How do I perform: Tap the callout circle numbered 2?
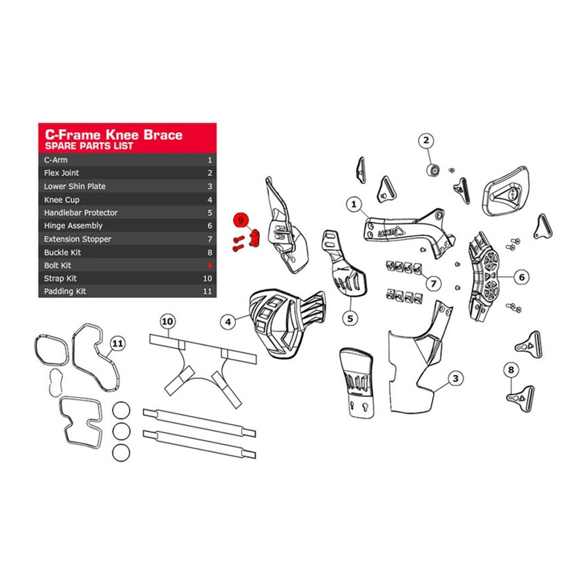click(x=426, y=140)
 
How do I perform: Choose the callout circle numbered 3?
click(x=456, y=379)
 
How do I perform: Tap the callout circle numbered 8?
click(x=511, y=371)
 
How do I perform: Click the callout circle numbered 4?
click(x=229, y=321)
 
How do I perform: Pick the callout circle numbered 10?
click(x=168, y=321)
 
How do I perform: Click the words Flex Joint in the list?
click(x=62, y=173)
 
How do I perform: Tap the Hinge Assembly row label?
click(x=73, y=226)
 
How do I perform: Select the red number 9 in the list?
click(x=209, y=265)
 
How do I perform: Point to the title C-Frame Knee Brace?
click(x=114, y=135)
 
